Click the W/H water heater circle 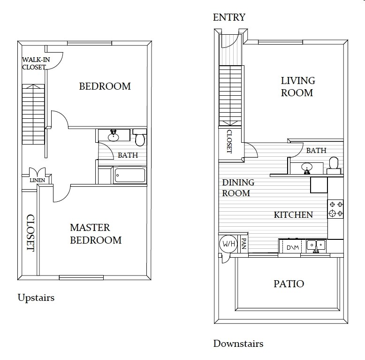pyautogui.click(x=228, y=244)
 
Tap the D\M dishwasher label pyautogui.click(x=293, y=247)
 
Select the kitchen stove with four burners pyautogui.click(x=335, y=209)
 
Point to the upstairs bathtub pyautogui.click(x=130, y=175)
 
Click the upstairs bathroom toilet pyautogui.click(x=140, y=137)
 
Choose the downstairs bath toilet pyautogui.click(x=334, y=165)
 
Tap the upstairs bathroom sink pyautogui.click(x=114, y=136)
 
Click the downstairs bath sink pyautogui.click(x=307, y=168)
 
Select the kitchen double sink pyautogui.click(x=316, y=246)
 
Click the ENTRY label pyautogui.click(x=229, y=17)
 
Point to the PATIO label pyautogui.click(x=289, y=284)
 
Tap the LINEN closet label pyautogui.click(x=37, y=180)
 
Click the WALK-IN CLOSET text pyautogui.click(x=36, y=63)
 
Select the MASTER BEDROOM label pyautogui.click(x=96, y=234)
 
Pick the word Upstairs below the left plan pyautogui.click(x=36, y=298)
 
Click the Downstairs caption pyautogui.click(x=238, y=344)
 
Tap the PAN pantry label pyautogui.click(x=243, y=244)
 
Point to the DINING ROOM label pyautogui.click(x=238, y=188)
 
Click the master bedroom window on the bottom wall pyautogui.click(x=81, y=277)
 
